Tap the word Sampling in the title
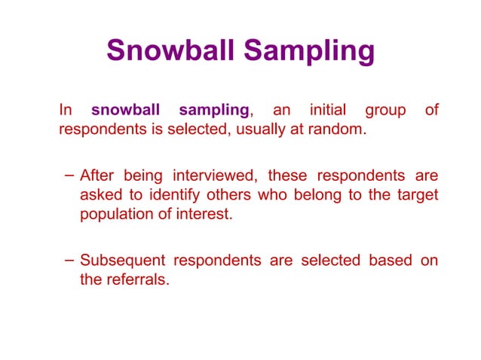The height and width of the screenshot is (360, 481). click(309, 50)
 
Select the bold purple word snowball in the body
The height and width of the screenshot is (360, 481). click(127, 110)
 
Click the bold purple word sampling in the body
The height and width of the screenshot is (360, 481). click(214, 110)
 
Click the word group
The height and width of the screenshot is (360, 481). click(385, 110)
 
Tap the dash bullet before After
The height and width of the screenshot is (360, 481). click(68, 176)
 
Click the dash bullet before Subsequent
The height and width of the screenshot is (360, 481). click(68, 261)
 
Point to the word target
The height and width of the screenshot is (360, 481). click(415, 196)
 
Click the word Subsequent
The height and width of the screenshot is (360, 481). click(123, 261)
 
